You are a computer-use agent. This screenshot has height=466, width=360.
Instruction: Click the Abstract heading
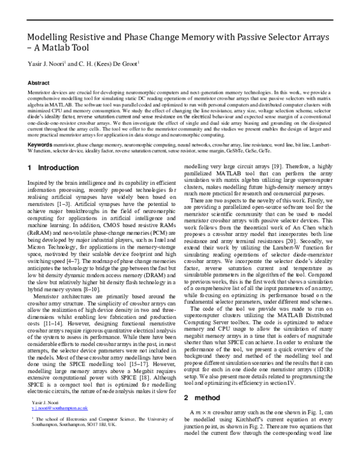[x=39, y=83]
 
